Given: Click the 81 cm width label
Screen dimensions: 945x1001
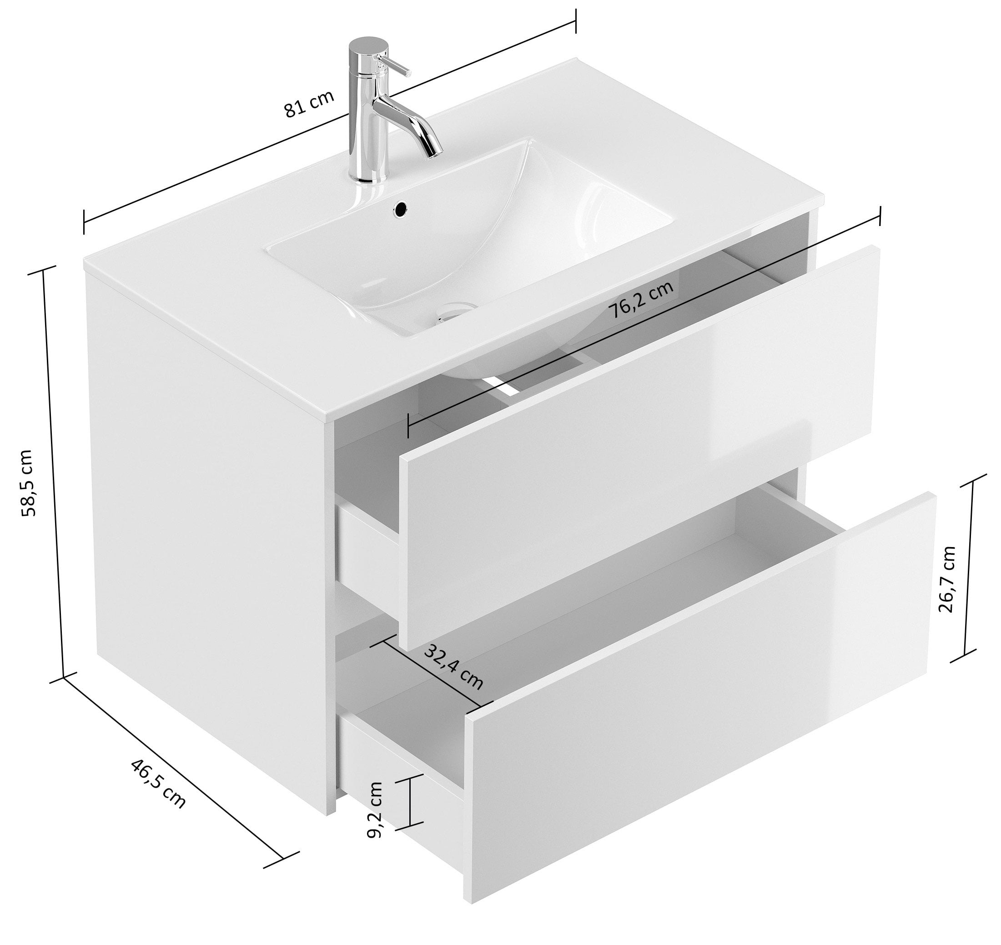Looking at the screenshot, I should (309, 103).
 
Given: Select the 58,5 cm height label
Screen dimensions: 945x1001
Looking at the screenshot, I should (27, 483).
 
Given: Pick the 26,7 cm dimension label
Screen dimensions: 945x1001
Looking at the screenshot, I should (946, 579).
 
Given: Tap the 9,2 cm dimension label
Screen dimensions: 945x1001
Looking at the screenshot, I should (375, 809).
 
